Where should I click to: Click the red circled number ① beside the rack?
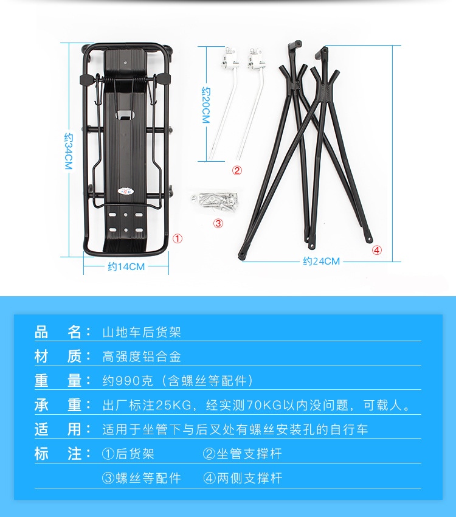(x=178, y=238)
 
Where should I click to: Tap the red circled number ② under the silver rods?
(x=237, y=170)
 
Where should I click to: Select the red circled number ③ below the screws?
(x=218, y=223)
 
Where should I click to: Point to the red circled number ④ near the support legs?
(x=377, y=250)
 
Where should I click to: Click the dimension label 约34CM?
(x=68, y=151)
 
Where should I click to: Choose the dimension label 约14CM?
(x=126, y=266)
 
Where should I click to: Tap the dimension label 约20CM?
(x=206, y=105)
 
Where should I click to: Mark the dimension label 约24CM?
(x=321, y=261)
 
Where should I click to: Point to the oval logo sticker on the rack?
(x=126, y=191)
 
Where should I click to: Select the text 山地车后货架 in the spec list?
(x=142, y=332)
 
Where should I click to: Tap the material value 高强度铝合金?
(x=142, y=356)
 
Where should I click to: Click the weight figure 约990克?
(x=128, y=381)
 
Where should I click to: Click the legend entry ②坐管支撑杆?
(x=242, y=454)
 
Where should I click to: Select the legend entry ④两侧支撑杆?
(x=243, y=478)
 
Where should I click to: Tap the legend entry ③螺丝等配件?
(x=141, y=478)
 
